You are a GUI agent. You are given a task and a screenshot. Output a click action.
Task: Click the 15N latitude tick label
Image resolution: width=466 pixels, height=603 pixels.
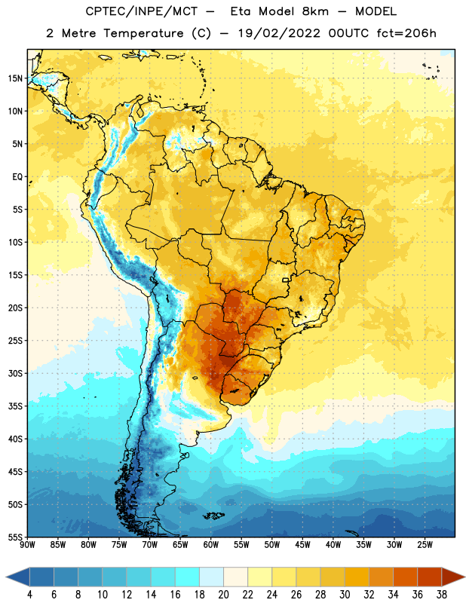click(15, 78)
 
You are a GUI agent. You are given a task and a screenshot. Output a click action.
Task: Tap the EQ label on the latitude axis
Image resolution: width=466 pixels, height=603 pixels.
click(17, 177)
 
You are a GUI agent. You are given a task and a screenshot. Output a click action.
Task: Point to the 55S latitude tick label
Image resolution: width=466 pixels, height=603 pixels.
click(15, 537)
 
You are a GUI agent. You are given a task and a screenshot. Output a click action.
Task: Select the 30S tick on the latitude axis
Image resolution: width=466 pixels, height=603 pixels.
click(15, 373)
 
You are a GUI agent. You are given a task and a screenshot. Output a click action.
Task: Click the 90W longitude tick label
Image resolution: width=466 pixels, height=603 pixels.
click(27, 545)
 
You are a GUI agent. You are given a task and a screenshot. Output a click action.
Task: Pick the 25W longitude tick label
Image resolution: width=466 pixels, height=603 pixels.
click(425, 545)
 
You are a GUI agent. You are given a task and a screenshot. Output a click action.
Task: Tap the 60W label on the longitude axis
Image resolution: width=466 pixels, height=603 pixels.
click(211, 545)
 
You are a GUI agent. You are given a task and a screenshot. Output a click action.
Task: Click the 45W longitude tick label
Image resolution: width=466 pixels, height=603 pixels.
click(302, 545)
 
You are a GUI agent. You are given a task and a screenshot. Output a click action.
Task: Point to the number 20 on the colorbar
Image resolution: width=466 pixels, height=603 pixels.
click(223, 595)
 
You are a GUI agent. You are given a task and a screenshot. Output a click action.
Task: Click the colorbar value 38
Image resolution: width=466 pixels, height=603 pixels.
click(442, 595)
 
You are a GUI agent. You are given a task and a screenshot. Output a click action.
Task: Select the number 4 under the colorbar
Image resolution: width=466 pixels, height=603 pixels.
click(29, 595)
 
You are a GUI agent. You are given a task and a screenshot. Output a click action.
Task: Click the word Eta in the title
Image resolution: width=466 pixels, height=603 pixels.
click(241, 11)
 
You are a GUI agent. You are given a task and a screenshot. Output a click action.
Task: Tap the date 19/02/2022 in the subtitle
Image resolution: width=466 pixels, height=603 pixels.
click(279, 33)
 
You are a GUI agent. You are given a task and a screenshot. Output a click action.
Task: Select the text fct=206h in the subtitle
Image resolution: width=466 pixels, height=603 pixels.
click(406, 33)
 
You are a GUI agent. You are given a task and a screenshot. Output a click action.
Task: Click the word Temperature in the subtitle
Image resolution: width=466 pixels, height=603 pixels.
click(143, 33)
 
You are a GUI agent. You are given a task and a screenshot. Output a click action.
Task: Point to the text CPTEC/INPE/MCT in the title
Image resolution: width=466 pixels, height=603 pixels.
click(141, 11)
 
